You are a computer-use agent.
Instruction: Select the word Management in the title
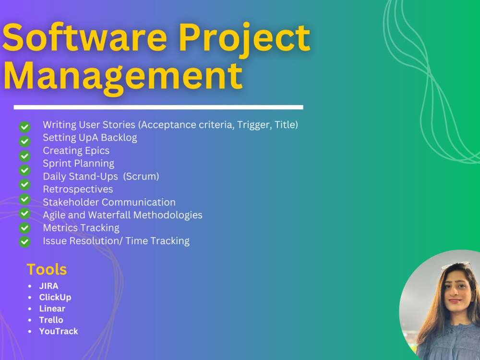[x=122, y=75]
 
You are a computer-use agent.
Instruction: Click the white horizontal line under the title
[x=158, y=107]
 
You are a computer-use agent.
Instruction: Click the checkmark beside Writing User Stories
[x=24, y=127]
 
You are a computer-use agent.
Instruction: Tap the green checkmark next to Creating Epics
[x=24, y=156]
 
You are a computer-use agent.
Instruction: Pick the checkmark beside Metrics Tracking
[x=24, y=228]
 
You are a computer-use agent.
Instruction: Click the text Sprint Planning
[x=78, y=163]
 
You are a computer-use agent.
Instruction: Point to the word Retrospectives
[x=78, y=189]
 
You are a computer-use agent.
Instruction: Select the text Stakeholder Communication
[x=109, y=202]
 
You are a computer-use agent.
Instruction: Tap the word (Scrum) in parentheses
[x=141, y=176]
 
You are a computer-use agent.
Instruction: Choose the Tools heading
[x=47, y=269]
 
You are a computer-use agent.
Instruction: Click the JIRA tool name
[x=49, y=286]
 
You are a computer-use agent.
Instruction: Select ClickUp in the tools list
[x=55, y=297]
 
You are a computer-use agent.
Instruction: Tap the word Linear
[x=52, y=309]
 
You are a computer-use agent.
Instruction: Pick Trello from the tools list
[x=51, y=320]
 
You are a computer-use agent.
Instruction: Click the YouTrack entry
[x=59, y=331]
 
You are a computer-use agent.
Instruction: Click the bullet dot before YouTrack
[x=30, y=331]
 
